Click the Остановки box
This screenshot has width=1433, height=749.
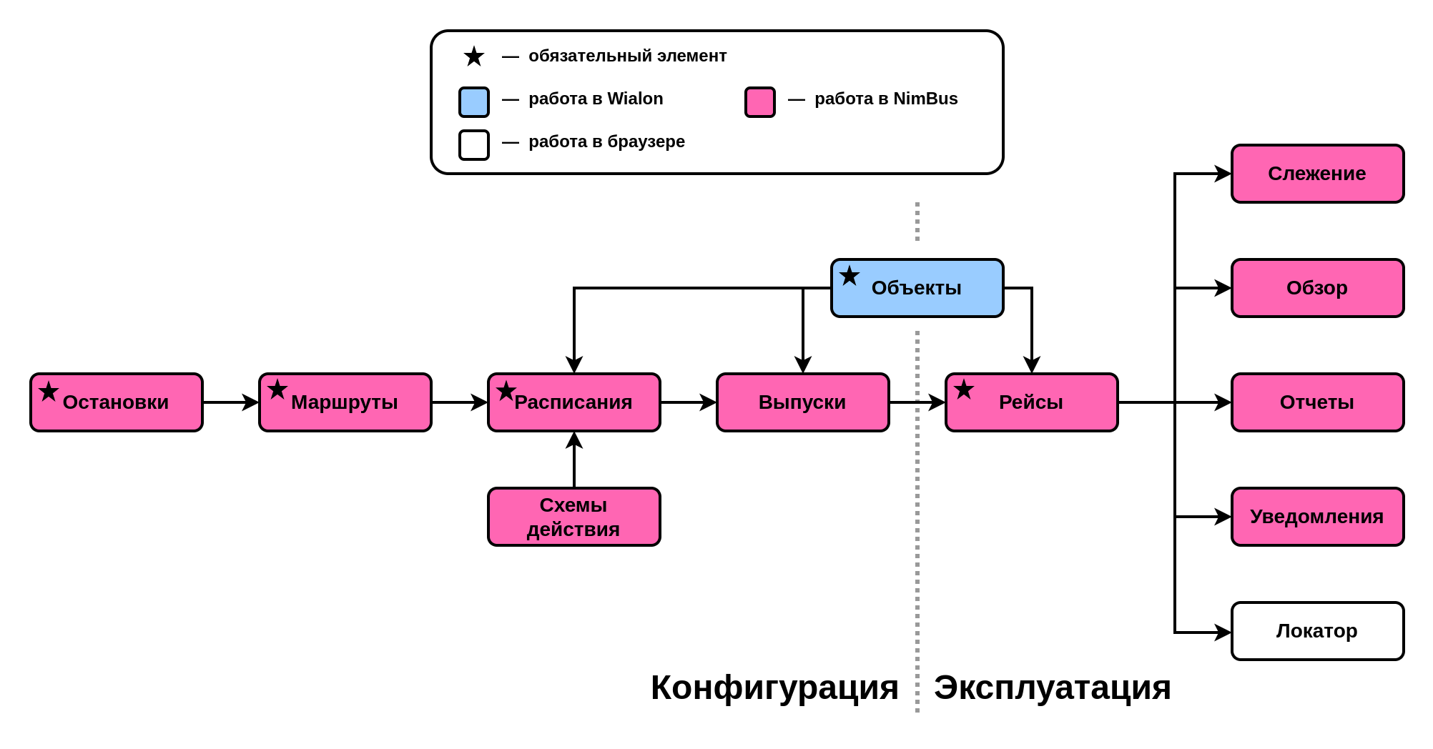pyautogui.click(x=117, y=402)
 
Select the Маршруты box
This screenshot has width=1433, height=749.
pyautogui.click(x=345, y=402)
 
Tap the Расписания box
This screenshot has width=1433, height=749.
pyautogui.click(x=574, y=402)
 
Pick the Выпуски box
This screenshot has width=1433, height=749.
pyautogui.click(x=803, y=402)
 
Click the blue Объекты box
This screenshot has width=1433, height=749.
pyautogui.click(x=917, y=288)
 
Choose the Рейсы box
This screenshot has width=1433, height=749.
pyautogui.click(x=1032, y=402)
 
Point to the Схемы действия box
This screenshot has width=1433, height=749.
pyautogui.click(x=574, y=517)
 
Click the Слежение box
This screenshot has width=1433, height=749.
pyautogui.click(x=1318, y=174)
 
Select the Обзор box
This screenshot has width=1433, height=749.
pyautogui.click(x=1318, y=288)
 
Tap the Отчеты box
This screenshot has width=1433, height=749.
pyautogui.click(x=1318, y=402)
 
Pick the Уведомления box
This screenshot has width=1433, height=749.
pyautogui.click(x=1318, y=517)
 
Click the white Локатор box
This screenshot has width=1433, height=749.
pyautogui.click(x=1318, y=631)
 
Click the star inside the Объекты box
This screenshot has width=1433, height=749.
pyautogui.click(x=850, y=276)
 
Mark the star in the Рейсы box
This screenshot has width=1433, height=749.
pyautogui.click(x=964, y=390)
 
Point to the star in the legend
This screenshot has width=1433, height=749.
pyautogui.click(x=474, y=56)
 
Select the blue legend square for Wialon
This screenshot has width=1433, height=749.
pyautogui.click(x=474, y=102)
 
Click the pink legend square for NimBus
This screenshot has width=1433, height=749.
pyautogui.click(x=760, y=102)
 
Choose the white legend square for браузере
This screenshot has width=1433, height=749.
pyautogui.click(x=474, y=145)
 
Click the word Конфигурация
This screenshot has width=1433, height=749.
pyautogui.click(x=774, y=688)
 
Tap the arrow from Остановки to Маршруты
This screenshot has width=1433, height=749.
pyautogui.click(x=231, y=402)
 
